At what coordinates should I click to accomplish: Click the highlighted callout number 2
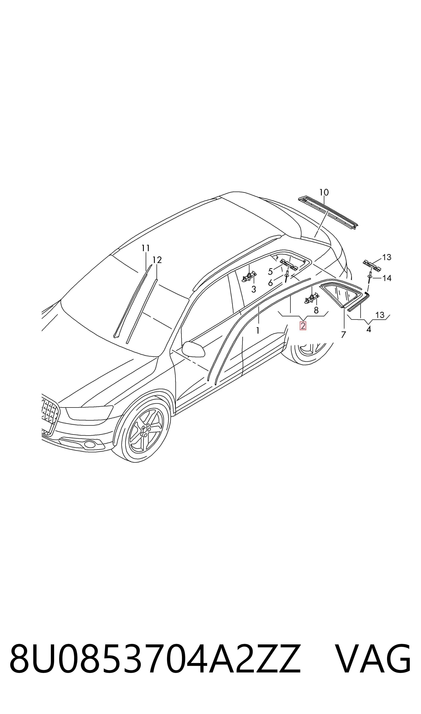pyautogui.click(x=303, y=326)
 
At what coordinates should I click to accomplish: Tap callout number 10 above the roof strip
pyautogui.click(x=324, y=192)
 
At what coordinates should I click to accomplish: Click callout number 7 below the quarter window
pyautogui.click(x=344, y=335)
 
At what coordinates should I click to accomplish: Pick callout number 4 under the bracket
pyautogui.click(x=368, y=329)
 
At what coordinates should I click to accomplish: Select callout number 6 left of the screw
pyautogui.click(x=270, y=283)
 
